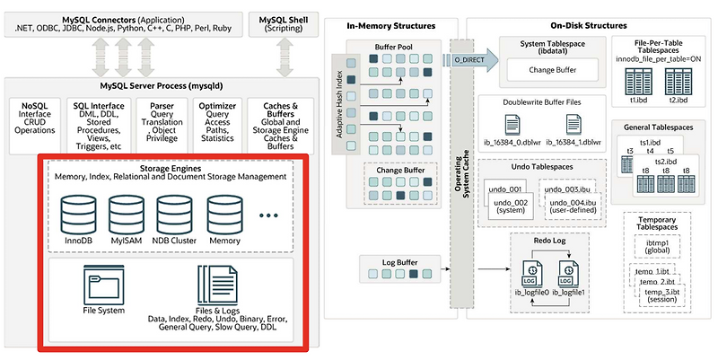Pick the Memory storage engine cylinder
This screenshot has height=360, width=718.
click(x=223, y=216)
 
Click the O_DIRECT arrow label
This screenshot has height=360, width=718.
click(x=469, y=57)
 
